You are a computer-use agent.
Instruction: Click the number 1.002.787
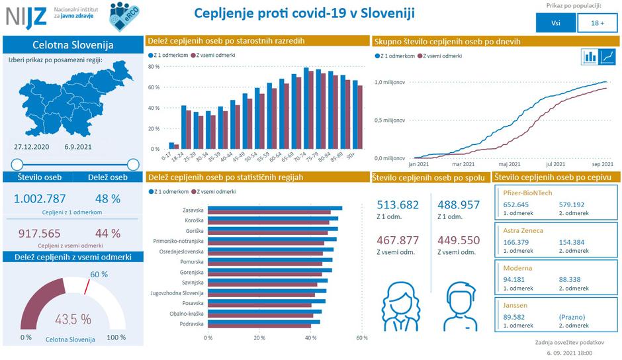(40, 199)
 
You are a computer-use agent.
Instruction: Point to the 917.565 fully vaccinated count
(37, 233)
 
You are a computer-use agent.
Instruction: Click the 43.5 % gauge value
(73, 320)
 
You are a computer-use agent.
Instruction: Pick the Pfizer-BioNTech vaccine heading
(528, 192)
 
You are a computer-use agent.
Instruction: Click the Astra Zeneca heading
(523, 231)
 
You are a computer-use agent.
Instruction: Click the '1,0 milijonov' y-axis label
(390, 82)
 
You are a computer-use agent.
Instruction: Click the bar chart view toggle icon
(590, 57)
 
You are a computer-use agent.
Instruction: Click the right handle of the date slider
(132, 164)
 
